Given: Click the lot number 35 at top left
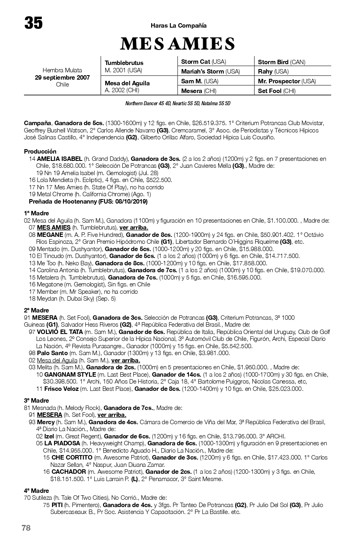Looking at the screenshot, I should tap(34, 23).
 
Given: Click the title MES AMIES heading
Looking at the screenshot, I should tap(178, 44).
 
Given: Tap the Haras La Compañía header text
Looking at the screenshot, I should tap(179, 26).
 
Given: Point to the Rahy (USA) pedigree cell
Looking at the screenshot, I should tap(273, 72).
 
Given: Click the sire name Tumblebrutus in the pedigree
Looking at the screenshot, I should tap(124, 63).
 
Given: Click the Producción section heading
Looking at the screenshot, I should tap(40, 152).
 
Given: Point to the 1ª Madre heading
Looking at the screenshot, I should tap(37, 213).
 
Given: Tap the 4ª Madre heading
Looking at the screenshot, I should tap(37, 491).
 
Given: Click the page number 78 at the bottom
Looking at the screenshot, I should tap(26, 528).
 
